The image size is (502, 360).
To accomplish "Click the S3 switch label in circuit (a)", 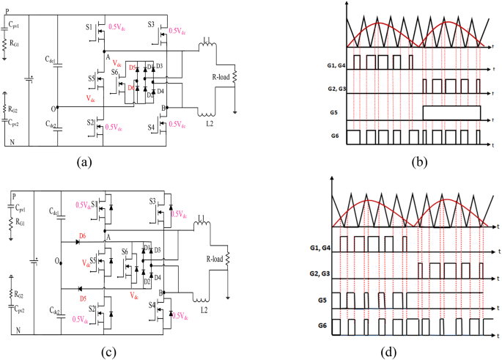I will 150,26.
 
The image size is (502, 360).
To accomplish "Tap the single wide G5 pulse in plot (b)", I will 451,112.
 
